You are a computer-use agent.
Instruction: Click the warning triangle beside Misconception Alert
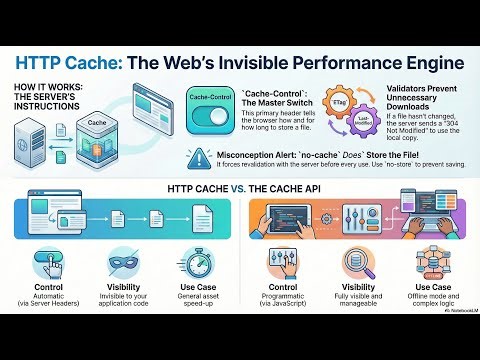(x=196, y=158)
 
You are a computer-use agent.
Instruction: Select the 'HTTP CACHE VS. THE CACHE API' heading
(x=239, y=189)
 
